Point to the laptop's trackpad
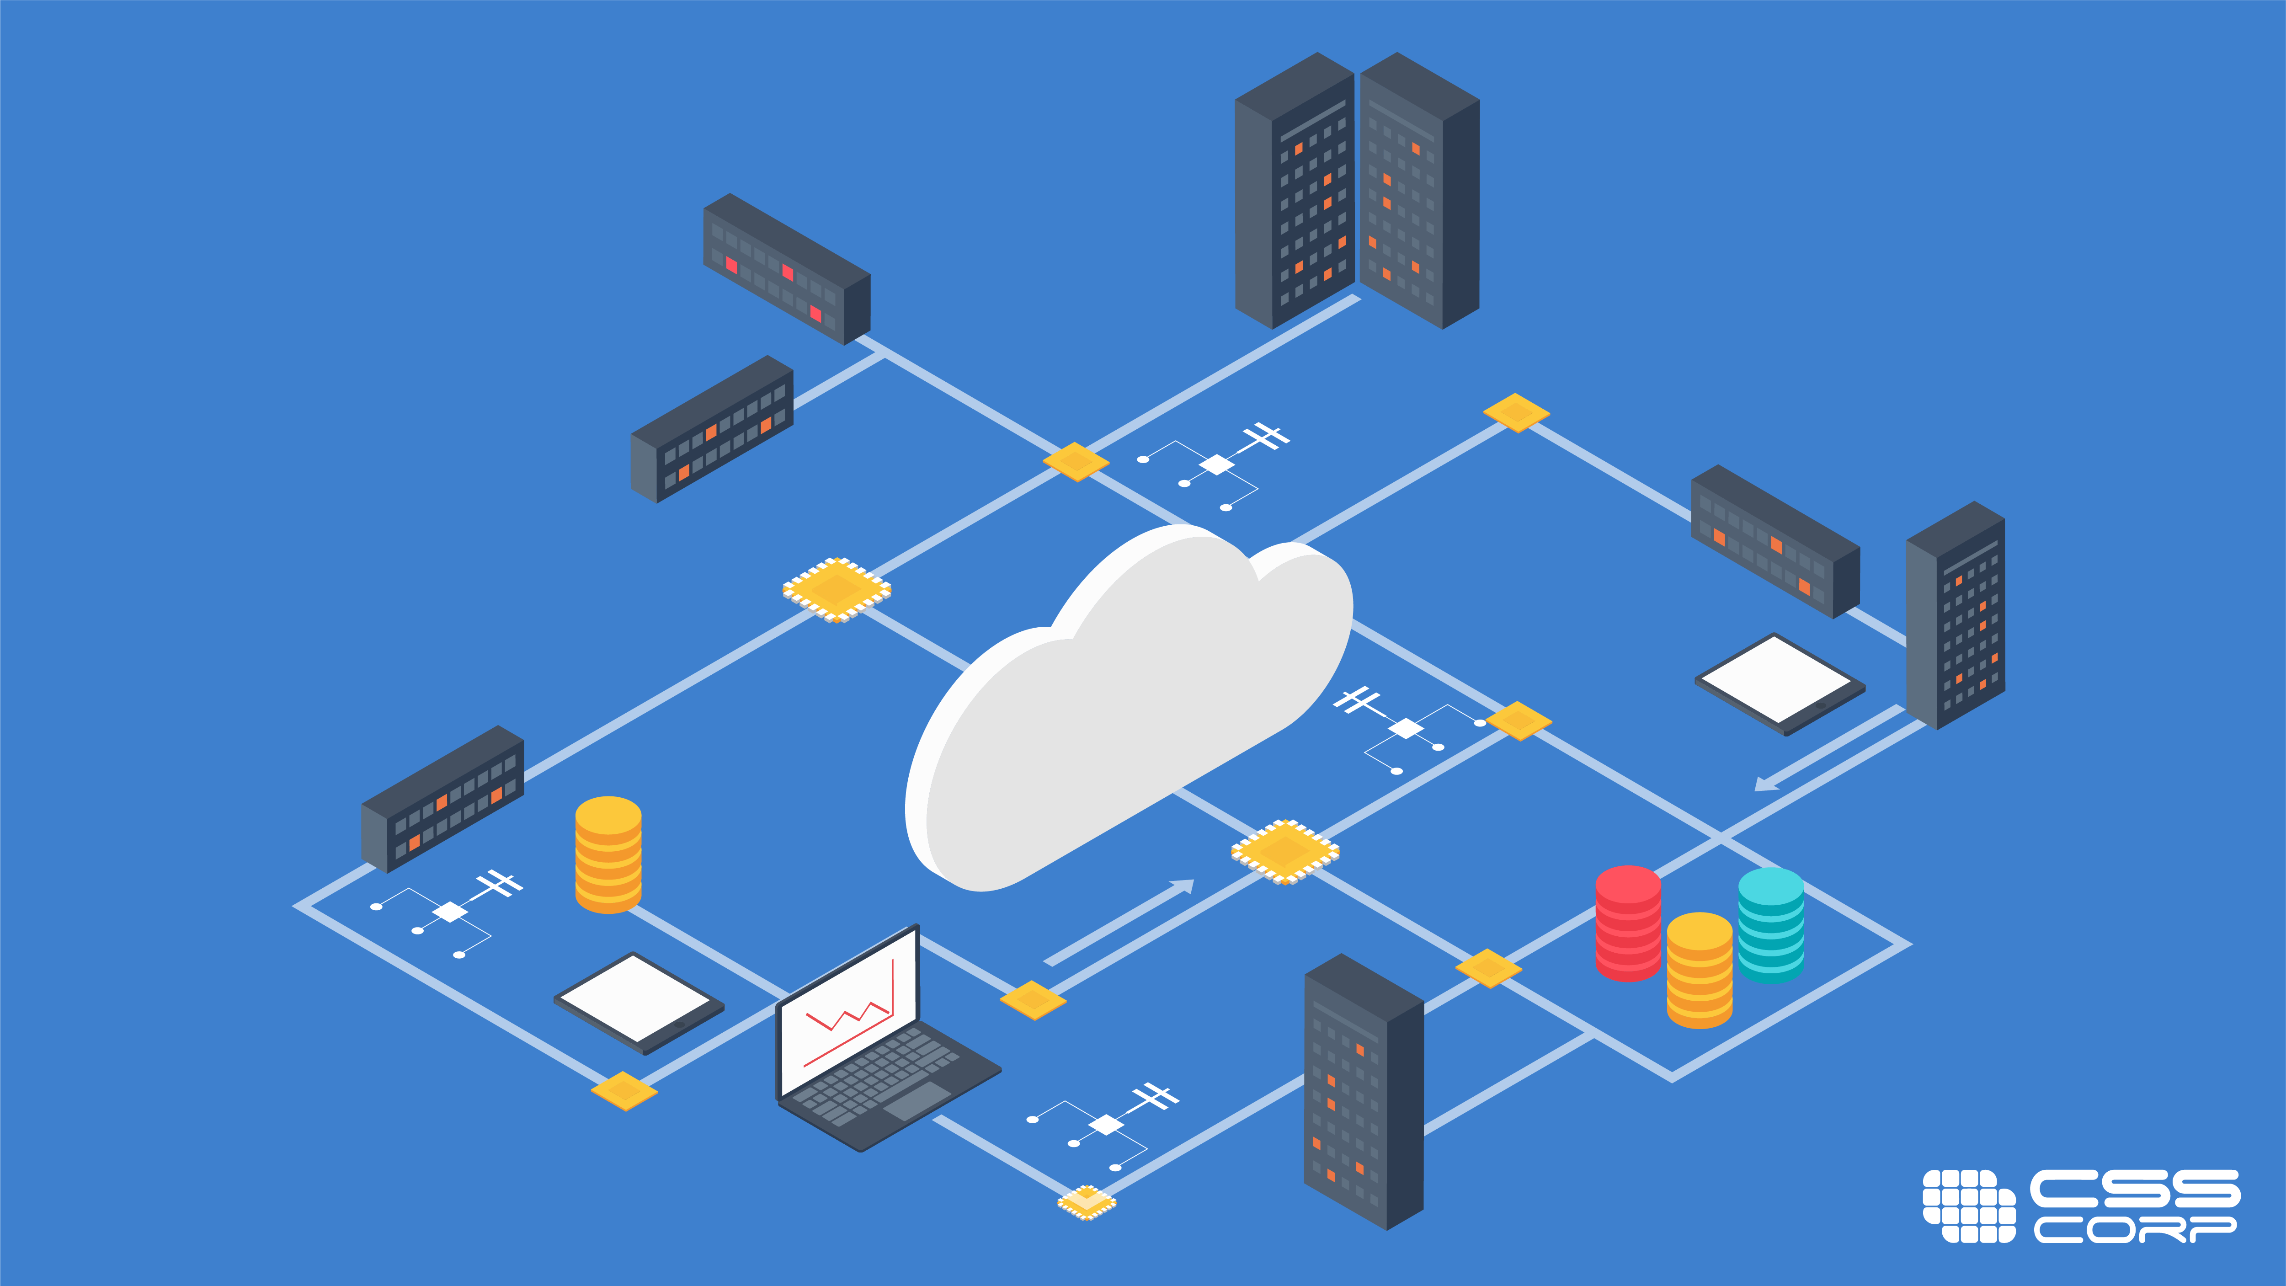point(916,1100)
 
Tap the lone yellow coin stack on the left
point(608,855)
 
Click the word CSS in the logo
point(2134,1189)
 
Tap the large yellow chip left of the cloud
point(836,589)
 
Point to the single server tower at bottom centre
point(1362,1092)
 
